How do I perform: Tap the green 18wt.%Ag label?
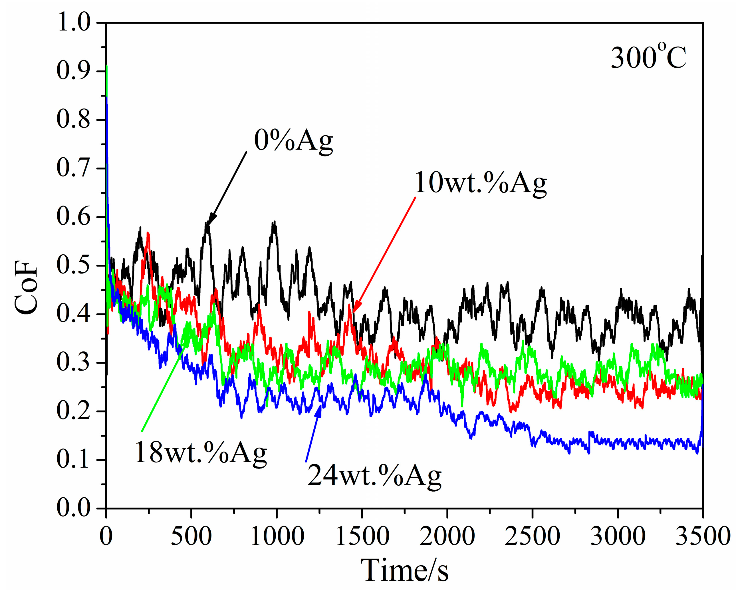pyautogui.click(x=201, y=452)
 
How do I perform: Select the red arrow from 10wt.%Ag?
pyautogui.click(x=384, y=254)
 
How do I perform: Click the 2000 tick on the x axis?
pyautogui.click(x=447, y=536)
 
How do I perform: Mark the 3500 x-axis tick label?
pyautogui.click(x=703, y=536)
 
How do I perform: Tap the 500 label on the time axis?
pyautogui.click(x=191, y=536)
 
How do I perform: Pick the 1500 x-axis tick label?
pyautogui.click(x=362, y=536)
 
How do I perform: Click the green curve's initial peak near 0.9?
pyautogui.click(x=107, y=67)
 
